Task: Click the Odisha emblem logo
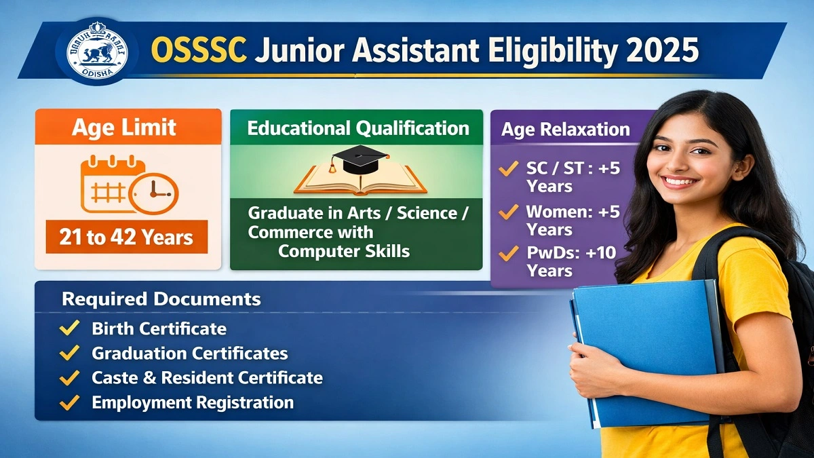(x=96, y=50)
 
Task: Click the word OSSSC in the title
(x=199, y=52)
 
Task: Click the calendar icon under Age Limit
(x=112, y=183)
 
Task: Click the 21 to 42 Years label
(x=126, y=237)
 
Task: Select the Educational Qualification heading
(x=357, y=128)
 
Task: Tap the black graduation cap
(x=358, y=160)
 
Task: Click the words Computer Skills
(x=344, y=251)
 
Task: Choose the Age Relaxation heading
(x=566, y=130)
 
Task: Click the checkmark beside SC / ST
(x=507, y=168)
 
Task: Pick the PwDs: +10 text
(x=571, y=253)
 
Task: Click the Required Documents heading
(x=161, y=299)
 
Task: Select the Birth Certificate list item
(x=159, y=329)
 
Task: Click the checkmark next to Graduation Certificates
(x=69, y=354)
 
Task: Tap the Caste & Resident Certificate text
(x=207, y=378)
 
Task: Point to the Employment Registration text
(x=193, y=402)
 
